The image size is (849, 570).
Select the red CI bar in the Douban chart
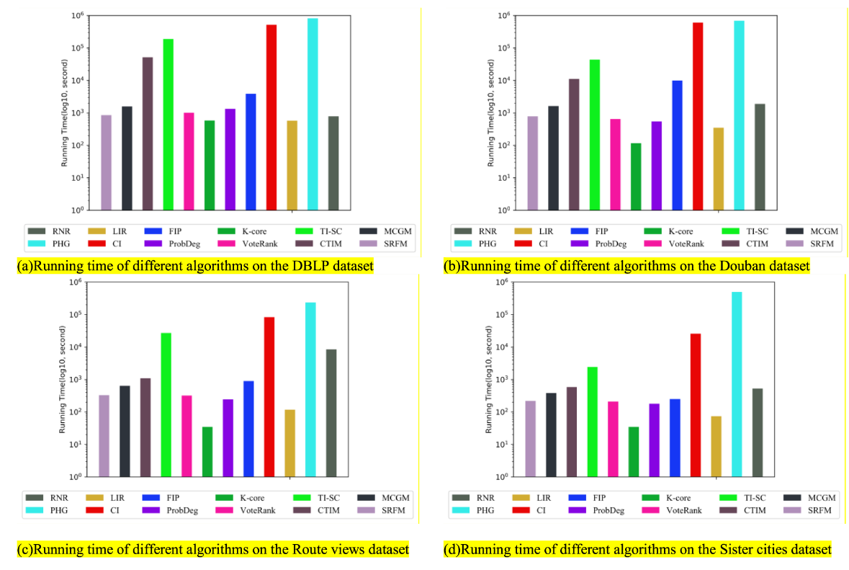[x=698, y=116]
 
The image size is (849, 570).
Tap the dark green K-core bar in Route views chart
[x=207, y=452]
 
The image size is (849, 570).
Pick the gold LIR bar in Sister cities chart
[x=716, y=446]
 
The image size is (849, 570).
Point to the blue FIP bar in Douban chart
[x=677, y=145]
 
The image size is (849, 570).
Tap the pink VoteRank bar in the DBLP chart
[x=189, y=161]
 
